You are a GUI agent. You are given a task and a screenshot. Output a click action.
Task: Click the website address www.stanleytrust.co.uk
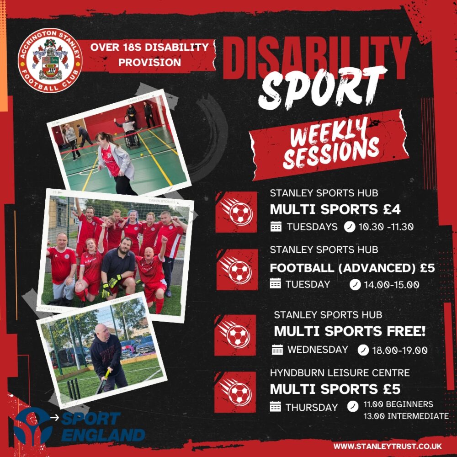(x=388, y=446)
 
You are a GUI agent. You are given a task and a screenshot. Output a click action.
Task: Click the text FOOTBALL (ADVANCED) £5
(x=352, y=268)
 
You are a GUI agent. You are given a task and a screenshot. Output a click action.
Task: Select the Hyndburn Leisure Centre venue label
(x=340, y=373)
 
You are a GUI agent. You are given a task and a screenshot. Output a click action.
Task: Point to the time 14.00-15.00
(x=392, y=285)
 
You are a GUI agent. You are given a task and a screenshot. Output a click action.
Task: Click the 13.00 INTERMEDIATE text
(x=406, y=416)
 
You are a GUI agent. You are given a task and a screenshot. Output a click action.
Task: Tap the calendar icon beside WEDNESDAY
(x=277, y=350)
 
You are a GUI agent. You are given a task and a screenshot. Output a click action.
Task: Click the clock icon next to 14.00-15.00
(x=355, y=285)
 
